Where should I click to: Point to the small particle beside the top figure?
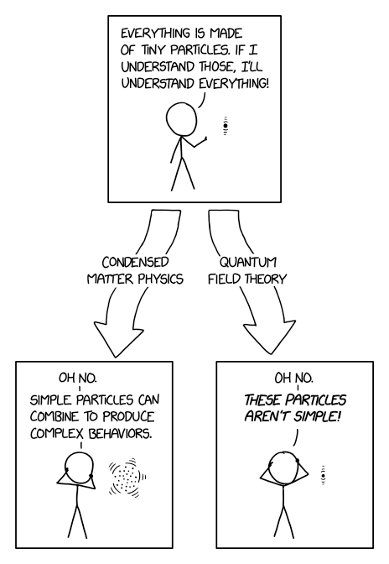coord(226,128)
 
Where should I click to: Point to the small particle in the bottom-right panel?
coord(323,478)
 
